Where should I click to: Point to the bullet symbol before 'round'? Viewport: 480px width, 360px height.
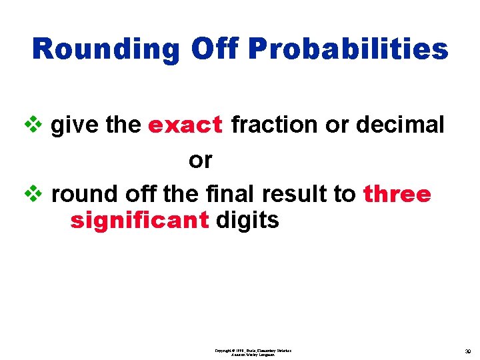tap(38, 195)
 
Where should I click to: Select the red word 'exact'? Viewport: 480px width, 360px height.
tap(185, 125)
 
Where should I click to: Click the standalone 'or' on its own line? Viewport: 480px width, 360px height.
tap(200, 160)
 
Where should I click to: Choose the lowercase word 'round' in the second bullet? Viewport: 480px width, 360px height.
tap(84, 194)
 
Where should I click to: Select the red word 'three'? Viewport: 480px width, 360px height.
tap(397, 194)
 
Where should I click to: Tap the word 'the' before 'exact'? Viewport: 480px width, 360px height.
tap(122, 125)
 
